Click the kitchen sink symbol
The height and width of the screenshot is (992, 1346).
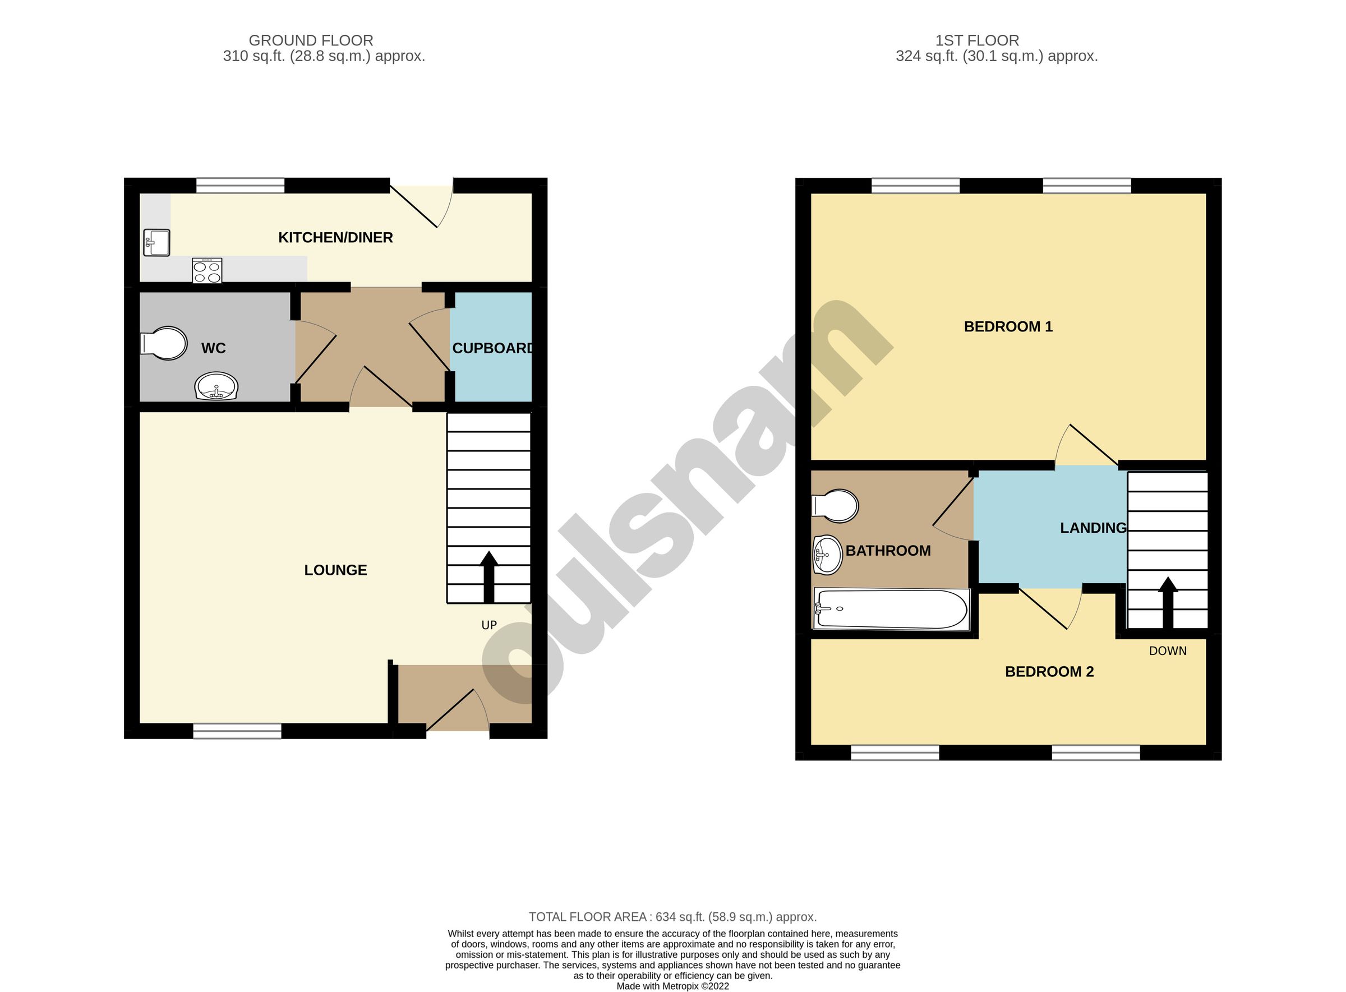click(156, 243)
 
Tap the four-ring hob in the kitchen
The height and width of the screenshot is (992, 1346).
click(206, 270)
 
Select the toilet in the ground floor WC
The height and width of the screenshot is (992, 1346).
click(163, 344)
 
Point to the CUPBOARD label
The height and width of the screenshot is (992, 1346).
click(491, 348)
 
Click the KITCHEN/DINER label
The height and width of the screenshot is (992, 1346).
click(335, 238)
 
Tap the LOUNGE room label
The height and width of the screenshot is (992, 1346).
click(335, 570)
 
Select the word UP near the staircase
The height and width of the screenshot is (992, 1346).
click(488, 625)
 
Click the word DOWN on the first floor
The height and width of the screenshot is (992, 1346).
click(1167, 651)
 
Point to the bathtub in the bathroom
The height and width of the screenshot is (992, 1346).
click(891, 609)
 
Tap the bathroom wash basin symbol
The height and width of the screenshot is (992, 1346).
click(828, 554)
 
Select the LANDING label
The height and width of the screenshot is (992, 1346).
click(1093, 528)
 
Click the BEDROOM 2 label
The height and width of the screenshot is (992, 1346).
click(1049, 671)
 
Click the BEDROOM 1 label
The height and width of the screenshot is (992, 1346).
click(1007, 327)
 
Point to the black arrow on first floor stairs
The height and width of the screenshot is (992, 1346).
click(1167, 602)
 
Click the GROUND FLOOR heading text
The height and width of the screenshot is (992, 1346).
click(311, 40)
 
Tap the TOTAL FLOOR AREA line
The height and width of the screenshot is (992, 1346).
click(672, 917)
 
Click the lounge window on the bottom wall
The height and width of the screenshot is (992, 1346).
click(237, 731)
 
